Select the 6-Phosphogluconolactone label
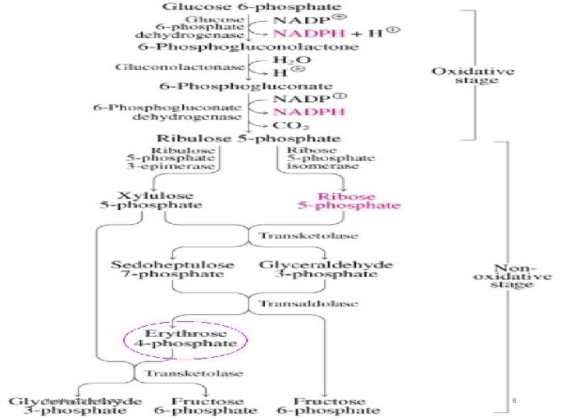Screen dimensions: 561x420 (249, 47)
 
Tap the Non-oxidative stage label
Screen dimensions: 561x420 (510, 276)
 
